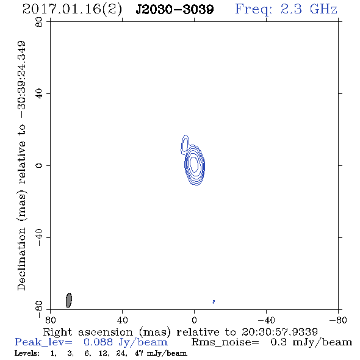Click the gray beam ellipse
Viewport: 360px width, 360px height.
[69, 300]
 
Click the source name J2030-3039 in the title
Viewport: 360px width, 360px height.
[175, 10]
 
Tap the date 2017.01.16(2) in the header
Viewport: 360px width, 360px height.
[72, 10]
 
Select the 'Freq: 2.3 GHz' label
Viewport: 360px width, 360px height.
[286, 9]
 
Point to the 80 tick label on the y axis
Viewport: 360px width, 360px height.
[39, 22]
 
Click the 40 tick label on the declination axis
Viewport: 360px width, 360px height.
[39, 94]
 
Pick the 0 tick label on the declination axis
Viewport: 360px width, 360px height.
[39, 165]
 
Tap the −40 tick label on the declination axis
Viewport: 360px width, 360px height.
[39, 237]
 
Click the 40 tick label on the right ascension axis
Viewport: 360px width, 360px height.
[122, 320]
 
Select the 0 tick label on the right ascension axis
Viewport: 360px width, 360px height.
[194, 320]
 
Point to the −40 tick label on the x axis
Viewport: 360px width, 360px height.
[266, 320]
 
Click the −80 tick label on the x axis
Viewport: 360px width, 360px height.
[338, 320]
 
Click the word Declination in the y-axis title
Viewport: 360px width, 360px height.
[21, 259]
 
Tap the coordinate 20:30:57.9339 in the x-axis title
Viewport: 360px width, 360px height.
[279, 332]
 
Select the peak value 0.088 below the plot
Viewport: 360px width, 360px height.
[98, 342]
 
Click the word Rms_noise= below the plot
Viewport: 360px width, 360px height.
[225, 342]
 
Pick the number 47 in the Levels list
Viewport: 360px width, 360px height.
[139, 353]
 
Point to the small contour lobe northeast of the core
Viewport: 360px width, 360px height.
[185, 144]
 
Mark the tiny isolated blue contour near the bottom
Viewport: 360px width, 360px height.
[214, 302]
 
